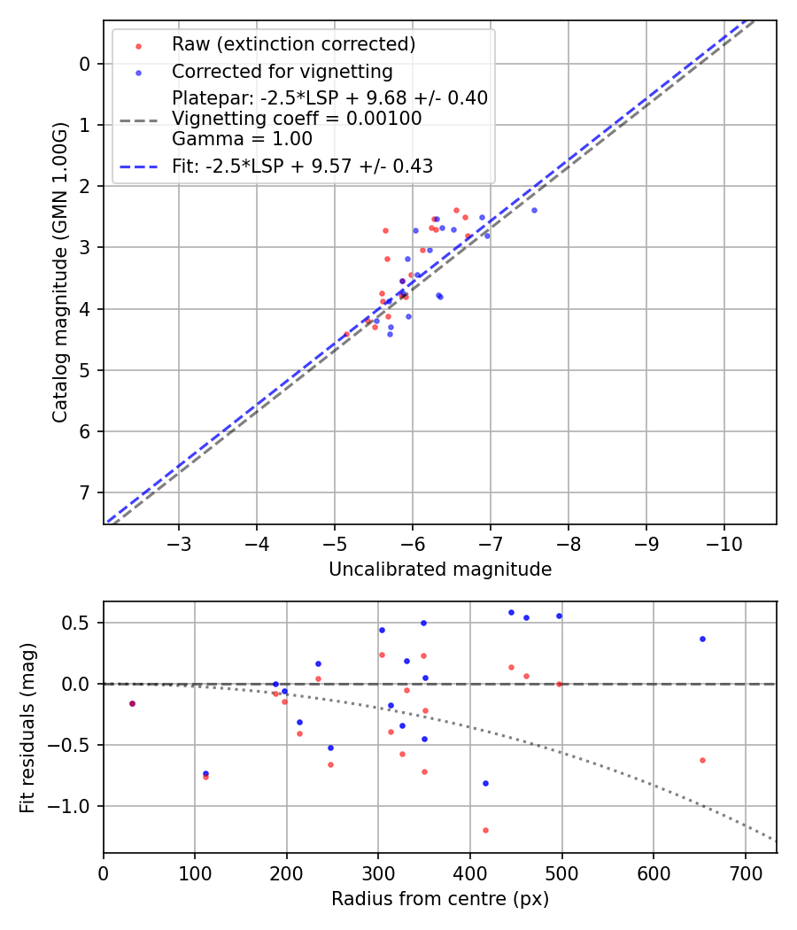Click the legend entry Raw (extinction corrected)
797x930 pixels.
click(293, 44)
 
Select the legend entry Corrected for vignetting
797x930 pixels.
click(282, 72)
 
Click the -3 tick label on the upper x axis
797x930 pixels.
click(179, 542)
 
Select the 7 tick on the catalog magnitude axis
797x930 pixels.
click(85, 492)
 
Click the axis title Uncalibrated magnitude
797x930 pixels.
click(440, 570)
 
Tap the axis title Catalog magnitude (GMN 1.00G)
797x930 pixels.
click(59, 272)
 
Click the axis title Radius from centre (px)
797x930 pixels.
click(440, 899)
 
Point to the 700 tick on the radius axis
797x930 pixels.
click(745, 872)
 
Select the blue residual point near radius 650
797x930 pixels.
click(702, 639)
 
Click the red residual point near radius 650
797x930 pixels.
click(702, 760)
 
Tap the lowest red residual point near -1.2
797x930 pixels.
click(485, 830)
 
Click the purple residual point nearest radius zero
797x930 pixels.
click(132, 703)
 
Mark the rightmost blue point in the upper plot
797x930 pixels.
click(534, 210)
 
